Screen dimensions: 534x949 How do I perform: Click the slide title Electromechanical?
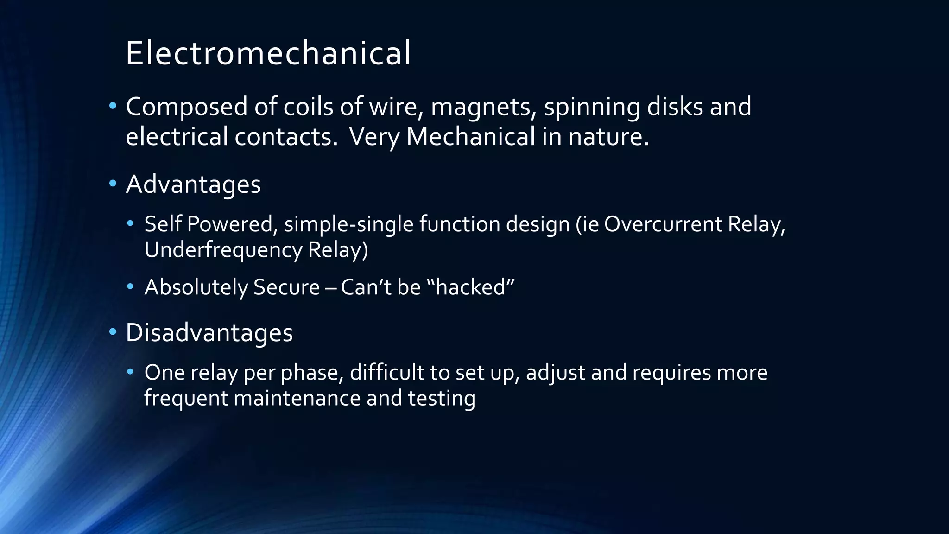click(268, 53)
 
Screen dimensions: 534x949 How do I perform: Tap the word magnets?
click(483, 107)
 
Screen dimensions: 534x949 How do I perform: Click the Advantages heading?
click(193, 185)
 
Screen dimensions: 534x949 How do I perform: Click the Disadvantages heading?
click(209, 333)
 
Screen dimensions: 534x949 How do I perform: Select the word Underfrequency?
click(223, 250)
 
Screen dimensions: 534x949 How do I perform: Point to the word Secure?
click(286, 287)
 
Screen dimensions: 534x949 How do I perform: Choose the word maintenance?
click(297, 399)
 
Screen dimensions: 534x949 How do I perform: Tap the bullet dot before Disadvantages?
click(113, 332)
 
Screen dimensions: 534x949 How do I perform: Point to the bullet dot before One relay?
click(130, 372)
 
